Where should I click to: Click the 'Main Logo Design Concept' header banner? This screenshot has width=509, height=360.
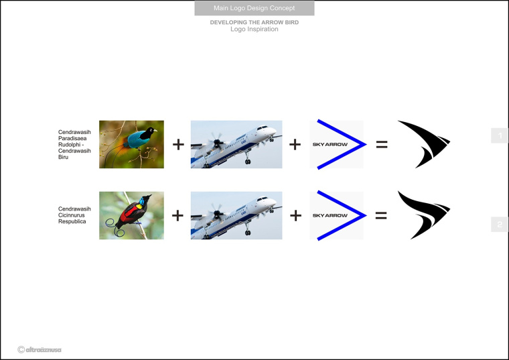click(254, 9)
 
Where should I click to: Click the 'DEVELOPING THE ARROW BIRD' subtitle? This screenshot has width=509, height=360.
click(254, 22)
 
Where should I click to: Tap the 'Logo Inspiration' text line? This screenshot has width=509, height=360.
click(254, 29)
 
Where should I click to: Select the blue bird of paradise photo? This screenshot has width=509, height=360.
click(131, 144)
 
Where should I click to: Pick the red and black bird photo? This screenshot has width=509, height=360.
click(131, 215)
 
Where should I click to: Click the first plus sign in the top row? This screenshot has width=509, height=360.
click(178, 144)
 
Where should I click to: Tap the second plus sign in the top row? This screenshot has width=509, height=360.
click(295, 144)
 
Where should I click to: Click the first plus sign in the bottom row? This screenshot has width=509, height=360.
click(178, 215)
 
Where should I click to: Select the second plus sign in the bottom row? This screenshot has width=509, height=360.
click(295, 215)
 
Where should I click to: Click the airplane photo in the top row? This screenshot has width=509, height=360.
click(236, 144)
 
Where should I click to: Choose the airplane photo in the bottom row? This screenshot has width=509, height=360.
click(236, 215)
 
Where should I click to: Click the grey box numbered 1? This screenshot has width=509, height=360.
click(499, 136)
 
